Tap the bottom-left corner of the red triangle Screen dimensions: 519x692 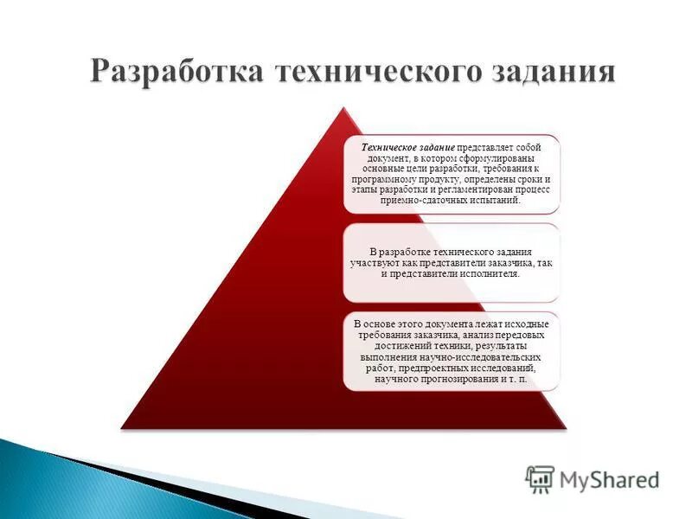click(x=122, y=427)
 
